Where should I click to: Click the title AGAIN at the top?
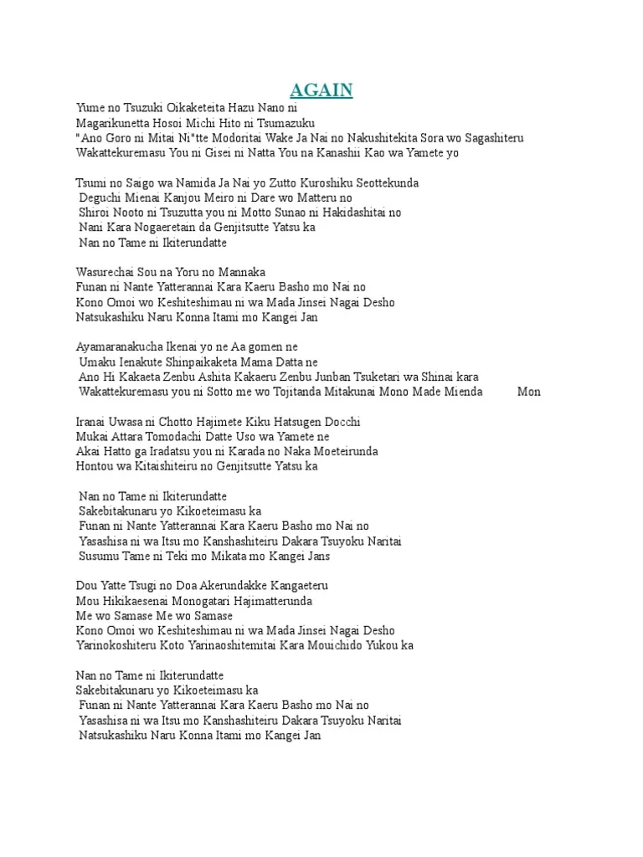pos(321,90)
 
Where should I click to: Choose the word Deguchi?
pos(100,198)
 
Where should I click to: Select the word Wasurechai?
pos(105,273)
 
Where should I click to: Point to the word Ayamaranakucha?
pos(118,347)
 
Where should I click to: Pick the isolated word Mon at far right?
pos(528,392)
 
